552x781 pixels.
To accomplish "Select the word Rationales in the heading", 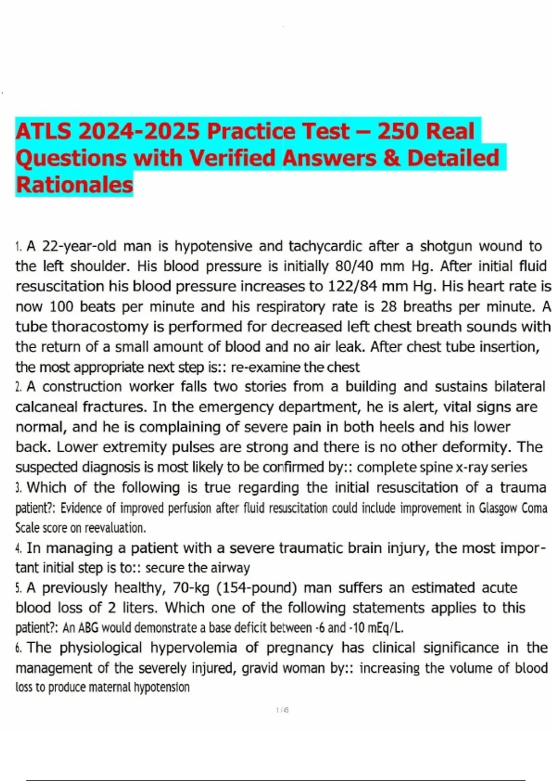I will [x=74, y=185].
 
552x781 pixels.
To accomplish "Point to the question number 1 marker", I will [x=18, y=247].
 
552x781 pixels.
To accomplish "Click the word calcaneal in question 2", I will [x=46, y=407].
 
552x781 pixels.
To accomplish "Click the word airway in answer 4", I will [x=230, y=568].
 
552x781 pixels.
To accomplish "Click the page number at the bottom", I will [x=282, y=710].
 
